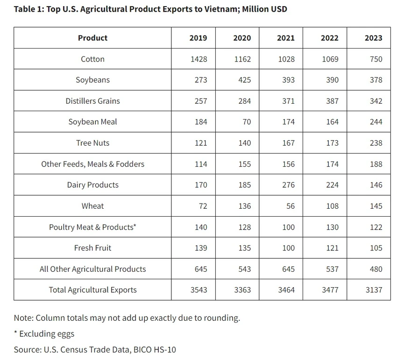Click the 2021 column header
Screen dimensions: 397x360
pyautogui.click(x=285, y=38)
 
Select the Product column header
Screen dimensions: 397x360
pyautogui.click(x=92, y=38)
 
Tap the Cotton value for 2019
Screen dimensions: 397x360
pyautogui.click(x=199, y=59)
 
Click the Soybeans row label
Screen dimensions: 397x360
pyautogui.click(x=92, y=80)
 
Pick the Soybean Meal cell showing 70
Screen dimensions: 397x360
pyautogui.click(x=247, y=122)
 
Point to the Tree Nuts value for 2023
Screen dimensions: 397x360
pyautogui.click(x=376, y=143)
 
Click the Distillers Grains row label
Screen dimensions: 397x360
pyautogui.click(x=92, y=101)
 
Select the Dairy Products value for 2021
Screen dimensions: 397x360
pyautogui.click(x=288, y=185)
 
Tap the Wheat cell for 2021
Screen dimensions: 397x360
pyautogui.click(x=291, y=206)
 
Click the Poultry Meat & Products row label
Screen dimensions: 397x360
pyautogui.click(x=92, y=227)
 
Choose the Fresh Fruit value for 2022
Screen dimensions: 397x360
pyautogui.click(x=332, y=248)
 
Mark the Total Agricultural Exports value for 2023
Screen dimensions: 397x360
pyautogui.click(x=374, y=290)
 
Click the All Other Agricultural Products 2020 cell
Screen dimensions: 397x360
pyautogui.click(x=245, y=269)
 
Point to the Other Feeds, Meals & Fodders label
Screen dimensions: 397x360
pyautogui.click(x=92, y=164)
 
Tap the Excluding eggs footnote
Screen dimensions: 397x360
pyautogui.click(x=44, y=334)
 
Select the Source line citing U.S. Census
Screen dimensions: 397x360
pyautogui.click(x=95, y=350)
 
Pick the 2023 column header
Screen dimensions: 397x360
pyautogui.click(x=374, y=38)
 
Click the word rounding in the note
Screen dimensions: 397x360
pyautogui.click(x=222, y=318)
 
